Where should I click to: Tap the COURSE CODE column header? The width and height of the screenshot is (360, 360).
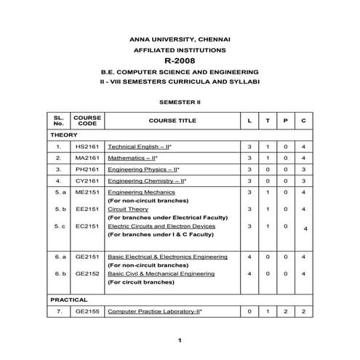(87, 120)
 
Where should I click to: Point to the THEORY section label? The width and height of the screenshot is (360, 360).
(63, 135)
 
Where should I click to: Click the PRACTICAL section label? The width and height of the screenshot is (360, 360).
(69, 299)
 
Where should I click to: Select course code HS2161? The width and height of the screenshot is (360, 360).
(87, 146)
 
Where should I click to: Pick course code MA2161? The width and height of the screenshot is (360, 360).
(87, 158)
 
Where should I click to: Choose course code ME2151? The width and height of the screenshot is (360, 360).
(87, 192)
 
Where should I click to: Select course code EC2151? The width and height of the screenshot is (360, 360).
(87, 226)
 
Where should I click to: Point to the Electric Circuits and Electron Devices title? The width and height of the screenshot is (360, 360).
(161, 226)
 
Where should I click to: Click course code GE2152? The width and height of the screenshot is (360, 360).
(87, 273)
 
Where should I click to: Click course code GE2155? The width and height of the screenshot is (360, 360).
(87, 311)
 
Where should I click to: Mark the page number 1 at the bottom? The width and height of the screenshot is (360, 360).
(179, 340)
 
